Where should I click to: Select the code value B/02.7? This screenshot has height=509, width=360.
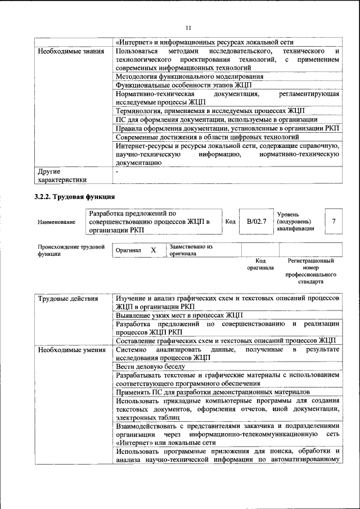point(256,222)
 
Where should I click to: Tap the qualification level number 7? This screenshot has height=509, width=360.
point(334,222)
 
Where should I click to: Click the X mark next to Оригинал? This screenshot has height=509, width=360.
point(153,250)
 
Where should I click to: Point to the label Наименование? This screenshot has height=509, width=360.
point(57,222)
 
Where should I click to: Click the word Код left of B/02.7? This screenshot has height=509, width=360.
point(230,222)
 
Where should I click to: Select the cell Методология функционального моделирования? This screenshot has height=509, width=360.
point(189,76)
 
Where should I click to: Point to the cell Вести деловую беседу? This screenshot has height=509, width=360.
point(150,366)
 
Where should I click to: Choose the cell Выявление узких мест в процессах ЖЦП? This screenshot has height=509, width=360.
point(179,316)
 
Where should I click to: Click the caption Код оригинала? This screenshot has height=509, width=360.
point(260,264)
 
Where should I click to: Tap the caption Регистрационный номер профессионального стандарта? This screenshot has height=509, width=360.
point(310,271)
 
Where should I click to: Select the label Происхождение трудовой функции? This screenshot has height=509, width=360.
point(71,250)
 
